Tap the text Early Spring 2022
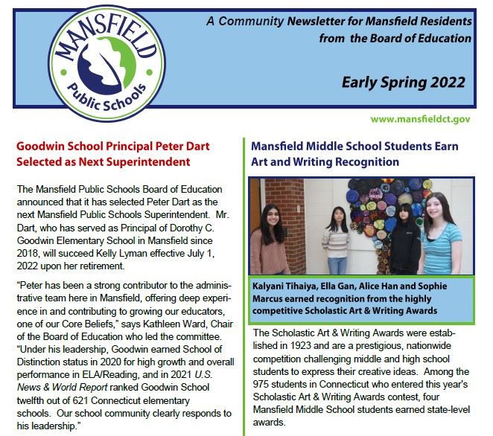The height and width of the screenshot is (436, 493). [404, 82]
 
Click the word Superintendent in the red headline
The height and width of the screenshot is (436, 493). [149, 161]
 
